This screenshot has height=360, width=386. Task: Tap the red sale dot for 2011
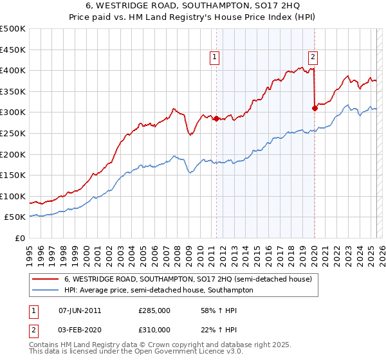(x=216, y=118)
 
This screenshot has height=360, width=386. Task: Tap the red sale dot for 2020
(x=315, y=108)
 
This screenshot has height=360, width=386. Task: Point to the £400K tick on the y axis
(x=14, y=70)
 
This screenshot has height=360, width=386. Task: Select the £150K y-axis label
(x=14, y=175)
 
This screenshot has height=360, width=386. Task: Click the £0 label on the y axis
(x=20, y=238)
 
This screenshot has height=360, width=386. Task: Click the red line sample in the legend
(x=46, y=279)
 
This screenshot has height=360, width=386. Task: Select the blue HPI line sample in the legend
(x=46, y=290)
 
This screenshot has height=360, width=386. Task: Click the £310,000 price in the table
(x=154, y=329)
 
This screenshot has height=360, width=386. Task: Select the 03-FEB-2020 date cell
(x=80, y=329)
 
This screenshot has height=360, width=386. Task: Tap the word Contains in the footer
(x=45, y=345)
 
